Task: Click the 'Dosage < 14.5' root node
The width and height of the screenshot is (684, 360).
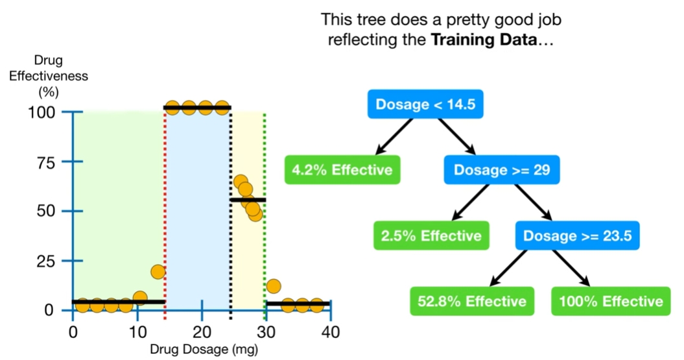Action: [x=425, y=104]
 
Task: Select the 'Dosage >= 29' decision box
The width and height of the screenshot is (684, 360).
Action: [x=502, y=170]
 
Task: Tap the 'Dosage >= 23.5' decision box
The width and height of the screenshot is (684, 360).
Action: [x=577, y=235]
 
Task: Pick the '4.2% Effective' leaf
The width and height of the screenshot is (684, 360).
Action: [x=342, y=170]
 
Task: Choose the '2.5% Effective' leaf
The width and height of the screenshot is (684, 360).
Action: [x=431, y=235]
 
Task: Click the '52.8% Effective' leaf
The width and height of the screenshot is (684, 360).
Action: [x=472, y=301]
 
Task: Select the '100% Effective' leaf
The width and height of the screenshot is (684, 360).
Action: [x=611, y=301]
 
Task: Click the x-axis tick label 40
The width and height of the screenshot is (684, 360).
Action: [x=330, y=333]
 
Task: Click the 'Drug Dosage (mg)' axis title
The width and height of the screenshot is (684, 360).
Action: [x=204, y=350]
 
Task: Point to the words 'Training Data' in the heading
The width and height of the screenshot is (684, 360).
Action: [x=483, y=40]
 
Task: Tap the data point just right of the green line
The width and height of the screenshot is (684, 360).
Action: [x=273, y=287]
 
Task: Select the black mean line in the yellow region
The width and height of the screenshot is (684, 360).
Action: [x=248, y=200]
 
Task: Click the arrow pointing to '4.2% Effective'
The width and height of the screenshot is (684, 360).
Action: [x=394, y=137]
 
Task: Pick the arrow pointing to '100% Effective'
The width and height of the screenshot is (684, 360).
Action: [x=571, y=268]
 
